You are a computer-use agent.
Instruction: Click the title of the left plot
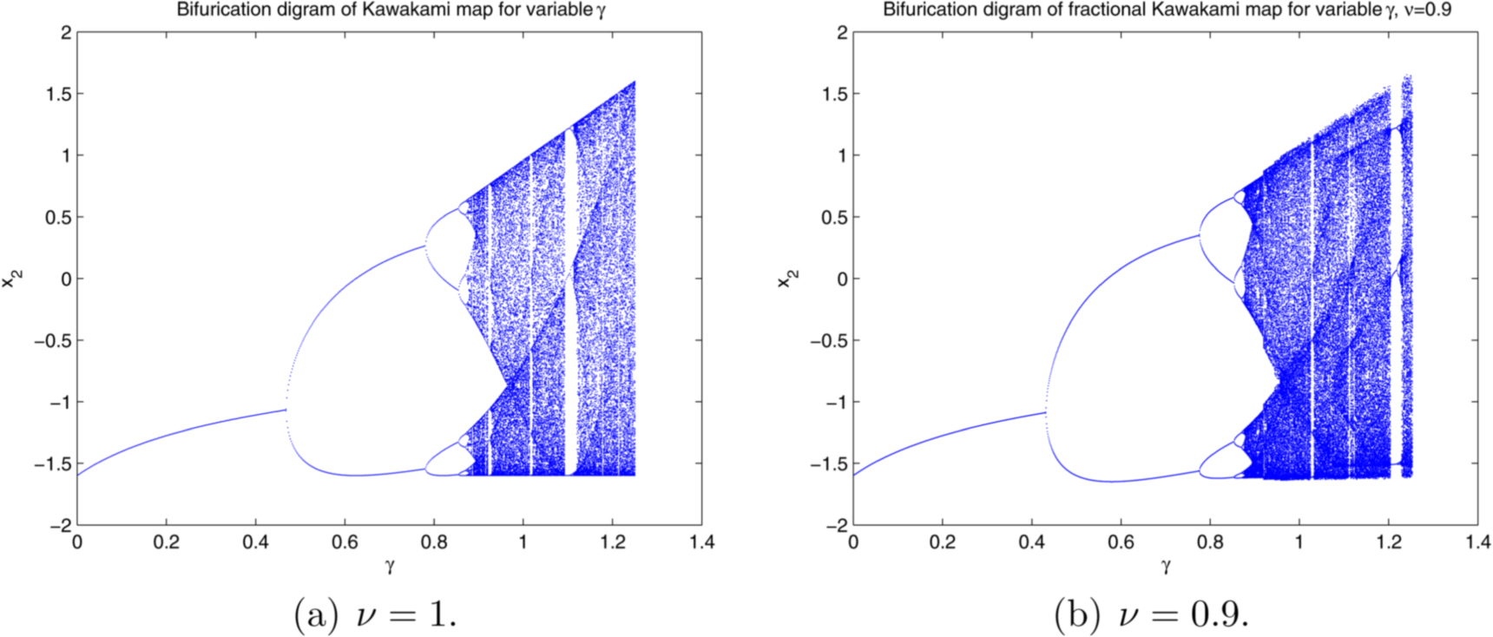click(391, 10)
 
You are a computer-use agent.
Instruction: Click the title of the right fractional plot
click(1167, 10)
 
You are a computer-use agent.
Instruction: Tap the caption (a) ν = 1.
click(375, 614)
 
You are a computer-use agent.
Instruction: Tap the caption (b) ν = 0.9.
click(1151, 614)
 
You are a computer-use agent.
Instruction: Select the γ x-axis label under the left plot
click(390, 566)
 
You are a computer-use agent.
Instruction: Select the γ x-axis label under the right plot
click(1166, 566)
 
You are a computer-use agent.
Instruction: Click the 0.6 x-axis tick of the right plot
click(1121, 542)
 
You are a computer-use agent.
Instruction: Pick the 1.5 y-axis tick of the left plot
click(59, 94)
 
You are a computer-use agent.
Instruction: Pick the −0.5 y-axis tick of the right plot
click(826, 340)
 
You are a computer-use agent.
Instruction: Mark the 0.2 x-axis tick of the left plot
click(167, 542)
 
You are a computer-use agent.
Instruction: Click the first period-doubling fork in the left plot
click(286, 410)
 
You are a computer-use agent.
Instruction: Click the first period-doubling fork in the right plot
click(1045, 413)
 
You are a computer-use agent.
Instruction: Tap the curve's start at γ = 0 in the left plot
click(78, 475)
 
